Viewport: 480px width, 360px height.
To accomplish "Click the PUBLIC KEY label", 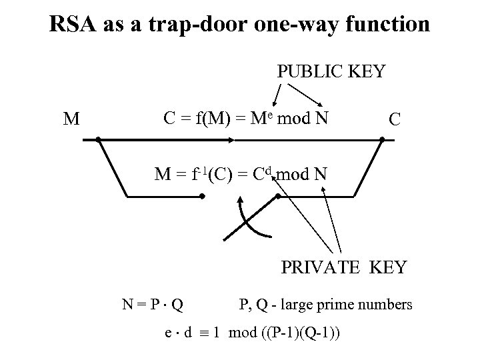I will point(331,71).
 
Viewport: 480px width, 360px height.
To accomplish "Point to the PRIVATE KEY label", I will point(343,267).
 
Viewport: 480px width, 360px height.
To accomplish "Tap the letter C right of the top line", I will point(395,120).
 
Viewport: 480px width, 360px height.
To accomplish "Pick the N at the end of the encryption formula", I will point(323,118).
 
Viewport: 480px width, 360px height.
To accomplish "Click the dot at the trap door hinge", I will point(202,197).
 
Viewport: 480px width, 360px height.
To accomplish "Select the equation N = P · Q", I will point(153,305).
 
